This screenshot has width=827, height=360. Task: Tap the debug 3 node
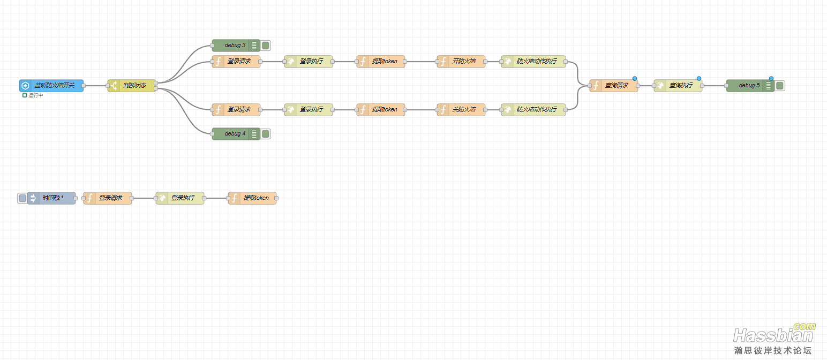(x=236, y=46)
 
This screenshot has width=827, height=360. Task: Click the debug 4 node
(x=236, y=134)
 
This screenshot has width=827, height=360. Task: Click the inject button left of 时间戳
(x=22, y=198)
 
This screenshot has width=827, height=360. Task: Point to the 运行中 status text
(x=35, y=95)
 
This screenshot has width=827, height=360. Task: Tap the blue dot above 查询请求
(x=635, y=79)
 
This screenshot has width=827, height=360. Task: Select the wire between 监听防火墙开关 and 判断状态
(x=95, y=86)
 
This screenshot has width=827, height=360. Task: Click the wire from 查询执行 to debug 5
(x=715, y=86)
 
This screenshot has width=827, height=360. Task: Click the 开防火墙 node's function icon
(x=443, y=62)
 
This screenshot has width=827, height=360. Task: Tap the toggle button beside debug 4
(x=266, y=134)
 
